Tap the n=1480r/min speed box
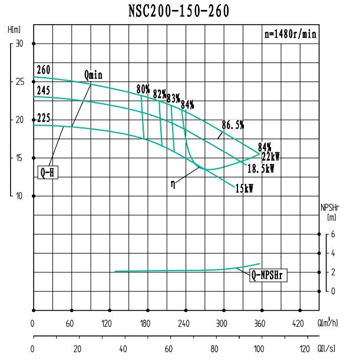click(290, 34)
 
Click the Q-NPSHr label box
click(268, 275)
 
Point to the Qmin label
click(93, 75)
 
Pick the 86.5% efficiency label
click(233, 124)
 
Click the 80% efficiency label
click(143, 89)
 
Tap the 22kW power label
click(270, 157)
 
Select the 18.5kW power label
click(260, 168)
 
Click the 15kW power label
click(245, 189)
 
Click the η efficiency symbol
click(173, 183)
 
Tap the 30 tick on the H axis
click(19, 44)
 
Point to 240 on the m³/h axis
click(184, 323)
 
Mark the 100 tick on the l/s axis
click(259, 348)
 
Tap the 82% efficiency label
click(159, 94)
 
